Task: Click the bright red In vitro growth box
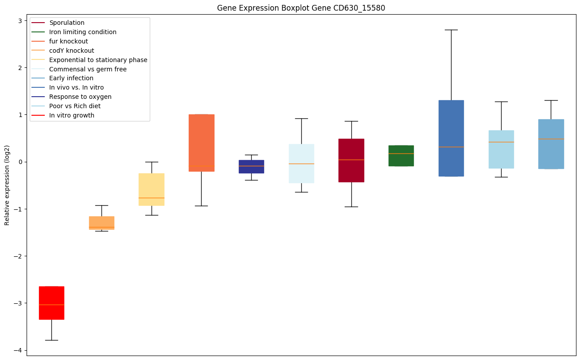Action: pyautogui.click(x=51, y=303)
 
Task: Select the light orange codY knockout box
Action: pyautogui.click(x=101, y=223)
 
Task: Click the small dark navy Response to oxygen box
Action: pyautogui.click(x=251, y=167)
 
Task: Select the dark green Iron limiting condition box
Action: pyautogui.click(x=401, y=156)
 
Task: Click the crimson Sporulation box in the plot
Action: pyautogui.click(x=351, y=160)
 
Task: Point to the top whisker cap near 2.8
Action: pyautogui.click(x=451, y=30)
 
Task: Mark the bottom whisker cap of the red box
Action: pyautogui.click(x=51, y=340)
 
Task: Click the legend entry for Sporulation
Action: pyautogui.click(x=67, y=23)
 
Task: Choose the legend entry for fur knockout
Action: pyautogui.click(x=68, y=41)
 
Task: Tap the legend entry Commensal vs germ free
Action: pyautogui.click(x=88, y=69)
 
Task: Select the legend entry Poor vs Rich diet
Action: pyautogui.click(x=75, y=106)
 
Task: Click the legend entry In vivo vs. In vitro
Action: pyautogui.click(x=76, y=87)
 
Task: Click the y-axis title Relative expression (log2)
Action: pyautogui.click(x=7, y=185)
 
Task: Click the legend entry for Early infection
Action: pyautogui.click(x=71, y=78)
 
